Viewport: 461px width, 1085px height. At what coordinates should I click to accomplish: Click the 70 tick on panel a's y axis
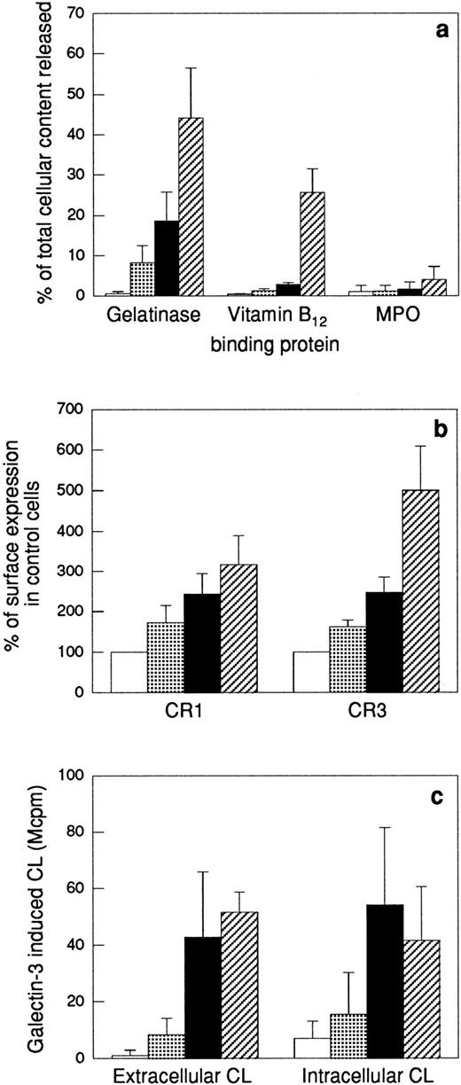82,13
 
